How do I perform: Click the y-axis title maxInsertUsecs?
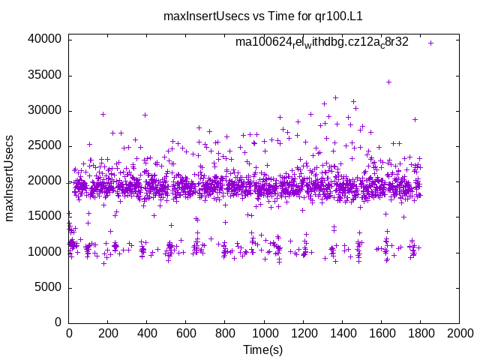10,178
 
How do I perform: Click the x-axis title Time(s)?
263,349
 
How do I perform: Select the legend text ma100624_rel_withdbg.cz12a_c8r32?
322,42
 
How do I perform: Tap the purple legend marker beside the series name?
430,43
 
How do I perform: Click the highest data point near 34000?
388,82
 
